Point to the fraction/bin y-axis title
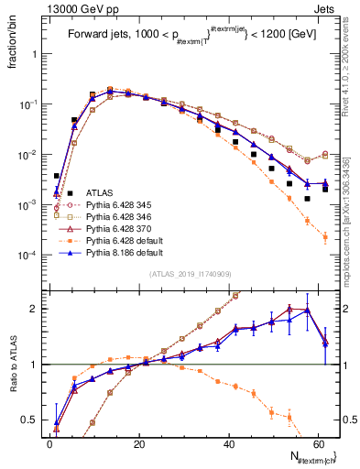click(x=12, y=46)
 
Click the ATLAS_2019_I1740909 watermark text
click(x=182, y=274)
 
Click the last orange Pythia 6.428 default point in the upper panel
click(x=325, y=238)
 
